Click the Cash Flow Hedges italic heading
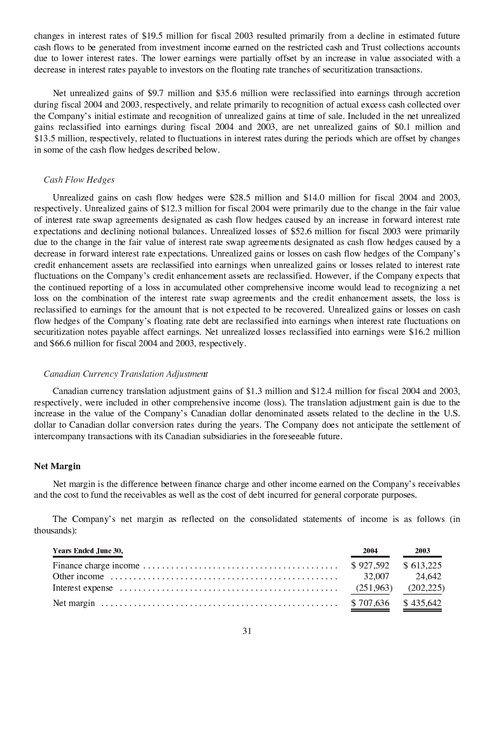tap(79, 180)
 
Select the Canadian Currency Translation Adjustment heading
tap(125, 374)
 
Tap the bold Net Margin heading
tap(57, 466)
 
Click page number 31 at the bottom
tap(247, 631)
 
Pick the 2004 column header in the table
tap(370, 551)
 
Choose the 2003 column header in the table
tap(422, 551)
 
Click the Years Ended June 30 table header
tap(88, 551)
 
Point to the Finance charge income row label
tap(95, 565)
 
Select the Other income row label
tap(78, 577)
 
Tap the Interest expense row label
tap(83, 588)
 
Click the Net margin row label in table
tap(74, 603)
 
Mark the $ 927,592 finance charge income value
tap(370, 565)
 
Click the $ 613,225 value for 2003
tap(422, 565)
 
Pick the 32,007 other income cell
tap(376, 577)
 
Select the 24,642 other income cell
tap(429, 577)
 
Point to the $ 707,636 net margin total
tap(370, 603)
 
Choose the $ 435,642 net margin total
tap(422, 603)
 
